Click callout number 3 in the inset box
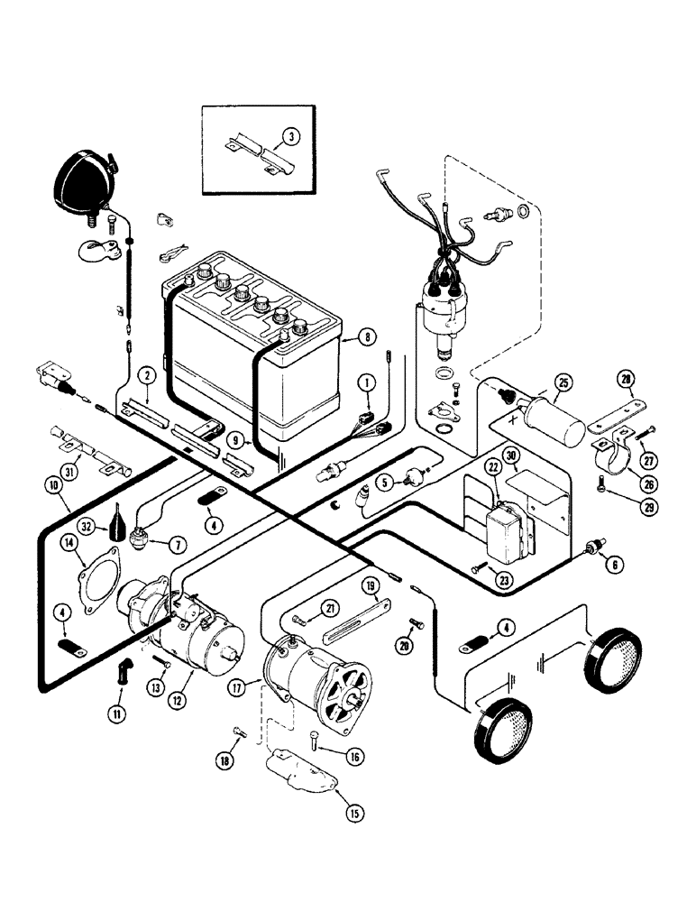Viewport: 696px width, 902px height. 288,138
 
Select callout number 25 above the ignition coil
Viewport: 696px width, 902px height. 563,382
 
